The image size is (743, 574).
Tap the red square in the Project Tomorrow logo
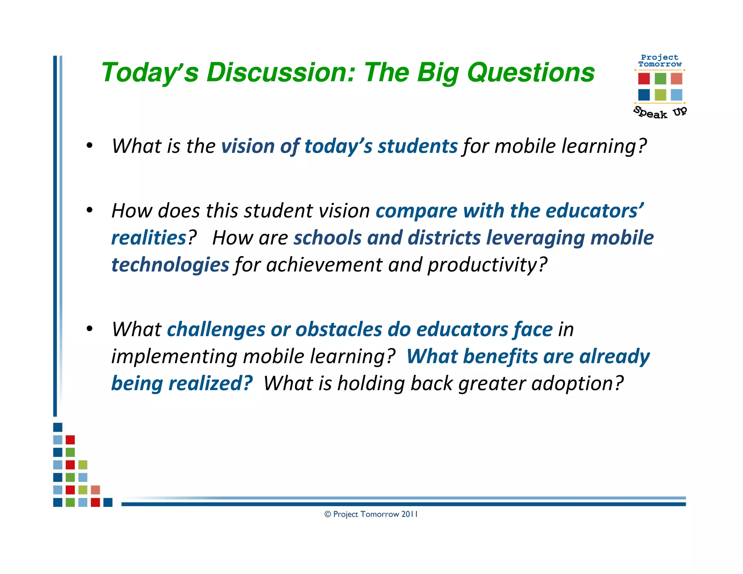click(644, 79)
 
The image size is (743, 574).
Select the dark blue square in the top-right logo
click(644, 95)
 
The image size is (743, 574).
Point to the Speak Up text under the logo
click(660, 112)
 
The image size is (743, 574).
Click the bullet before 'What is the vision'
click(90, 146)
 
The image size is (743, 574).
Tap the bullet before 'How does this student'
click(90, 210)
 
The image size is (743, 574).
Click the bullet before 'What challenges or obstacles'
click(90, 329)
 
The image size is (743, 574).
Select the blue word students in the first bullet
click(418, 146)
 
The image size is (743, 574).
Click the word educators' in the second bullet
click(595, 211)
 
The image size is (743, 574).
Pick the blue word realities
click(149, 238)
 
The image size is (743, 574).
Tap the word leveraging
click(535, 238)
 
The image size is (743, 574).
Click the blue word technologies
click(170, 265)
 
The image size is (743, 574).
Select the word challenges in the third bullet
click(216, 330)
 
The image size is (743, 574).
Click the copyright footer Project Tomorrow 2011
click(371, 514)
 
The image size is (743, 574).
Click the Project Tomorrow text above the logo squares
click(660, 61)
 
